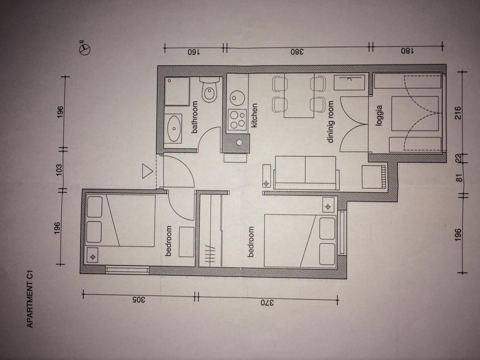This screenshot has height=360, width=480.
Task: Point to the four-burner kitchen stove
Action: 237,120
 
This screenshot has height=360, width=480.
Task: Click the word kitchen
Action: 254,116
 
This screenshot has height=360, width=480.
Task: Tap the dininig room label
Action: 331,122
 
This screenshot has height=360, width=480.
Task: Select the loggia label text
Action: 379,116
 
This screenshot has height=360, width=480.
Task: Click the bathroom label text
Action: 194,117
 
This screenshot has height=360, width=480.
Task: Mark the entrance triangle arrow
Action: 147,171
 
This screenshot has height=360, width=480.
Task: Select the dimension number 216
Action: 457,113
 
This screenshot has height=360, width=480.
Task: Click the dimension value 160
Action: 194,52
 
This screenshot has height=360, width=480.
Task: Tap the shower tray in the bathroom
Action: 177,91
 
